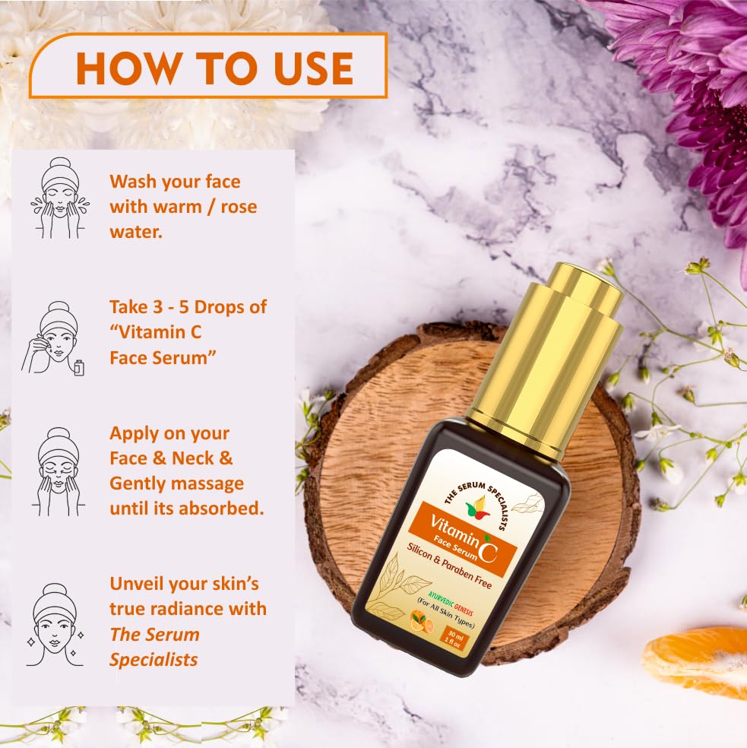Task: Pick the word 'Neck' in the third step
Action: point(214,458)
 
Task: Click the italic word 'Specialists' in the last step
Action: point(154,659)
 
